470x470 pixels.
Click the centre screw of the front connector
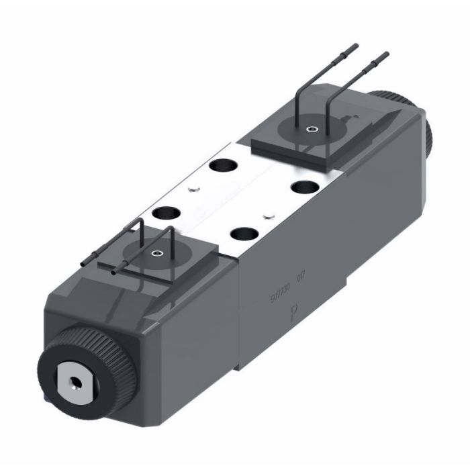click(157, 254)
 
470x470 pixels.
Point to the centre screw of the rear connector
click(311, 130)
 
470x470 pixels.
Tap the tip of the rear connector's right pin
click(385, 53)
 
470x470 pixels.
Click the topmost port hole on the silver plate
click(220, 165)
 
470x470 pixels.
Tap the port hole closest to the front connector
click(163, 214)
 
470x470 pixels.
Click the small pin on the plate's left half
click(194, 189)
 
